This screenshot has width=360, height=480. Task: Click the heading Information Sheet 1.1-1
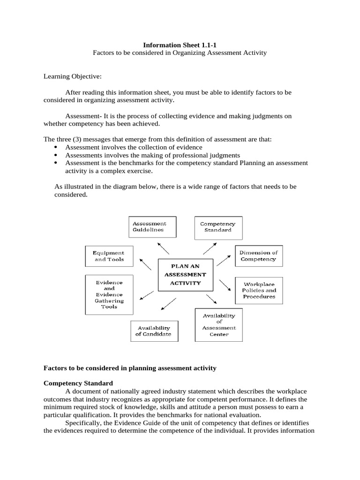[180, 45]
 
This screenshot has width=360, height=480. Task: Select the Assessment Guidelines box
[148, 227]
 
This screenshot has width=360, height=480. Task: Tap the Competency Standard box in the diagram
[217, 227]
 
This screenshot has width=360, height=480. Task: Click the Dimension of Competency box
[259, 255]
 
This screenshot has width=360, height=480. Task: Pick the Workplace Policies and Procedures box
[259, 290]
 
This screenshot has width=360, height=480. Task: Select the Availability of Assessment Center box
[219, 325]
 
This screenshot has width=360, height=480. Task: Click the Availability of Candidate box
[153, 330]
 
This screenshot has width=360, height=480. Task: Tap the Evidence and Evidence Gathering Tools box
[109, 294]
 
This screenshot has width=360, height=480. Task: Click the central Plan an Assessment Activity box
[186, 274]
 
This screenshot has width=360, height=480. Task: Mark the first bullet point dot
[56, 148]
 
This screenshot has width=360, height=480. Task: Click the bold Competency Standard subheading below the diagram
[78, 383]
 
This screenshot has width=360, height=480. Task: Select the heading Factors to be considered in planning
[130, 368]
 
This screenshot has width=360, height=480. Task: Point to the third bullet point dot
[56, 163]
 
